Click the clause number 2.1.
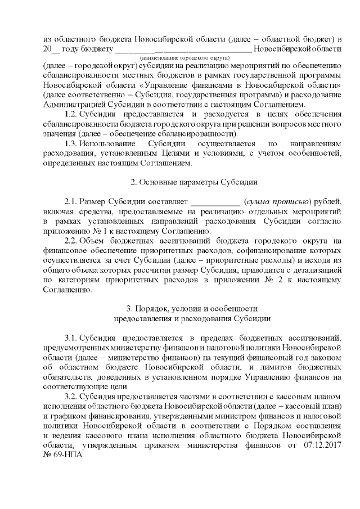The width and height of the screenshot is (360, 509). pyautogui.click(x=73, y=202)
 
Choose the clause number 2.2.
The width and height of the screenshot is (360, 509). pyautogui.click(x=73, y=241)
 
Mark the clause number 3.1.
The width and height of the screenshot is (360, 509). pyautogui.click(x=73, y=337)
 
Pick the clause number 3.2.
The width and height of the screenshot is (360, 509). pyautogui.click(x=73, y=397)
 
